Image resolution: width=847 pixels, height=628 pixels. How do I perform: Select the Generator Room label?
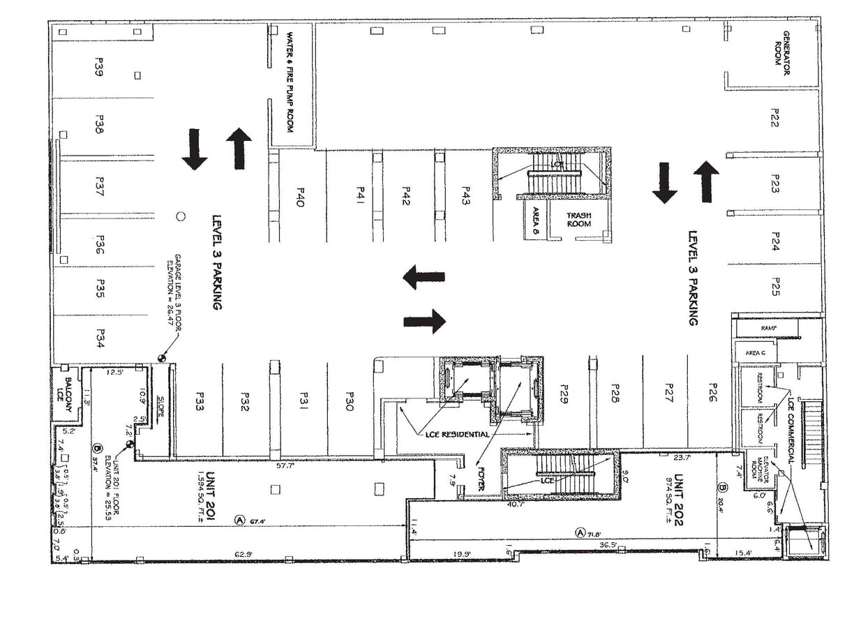click(781, 48)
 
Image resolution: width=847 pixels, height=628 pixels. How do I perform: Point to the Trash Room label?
click(578, 219)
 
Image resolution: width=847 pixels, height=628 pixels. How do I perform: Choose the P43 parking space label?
click(465, 197)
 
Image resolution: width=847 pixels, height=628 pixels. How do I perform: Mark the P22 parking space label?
click(774, 118)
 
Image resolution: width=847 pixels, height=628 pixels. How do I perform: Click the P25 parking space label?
click(774, 286)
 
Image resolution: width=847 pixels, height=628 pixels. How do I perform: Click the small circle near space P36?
click(180, 216)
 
